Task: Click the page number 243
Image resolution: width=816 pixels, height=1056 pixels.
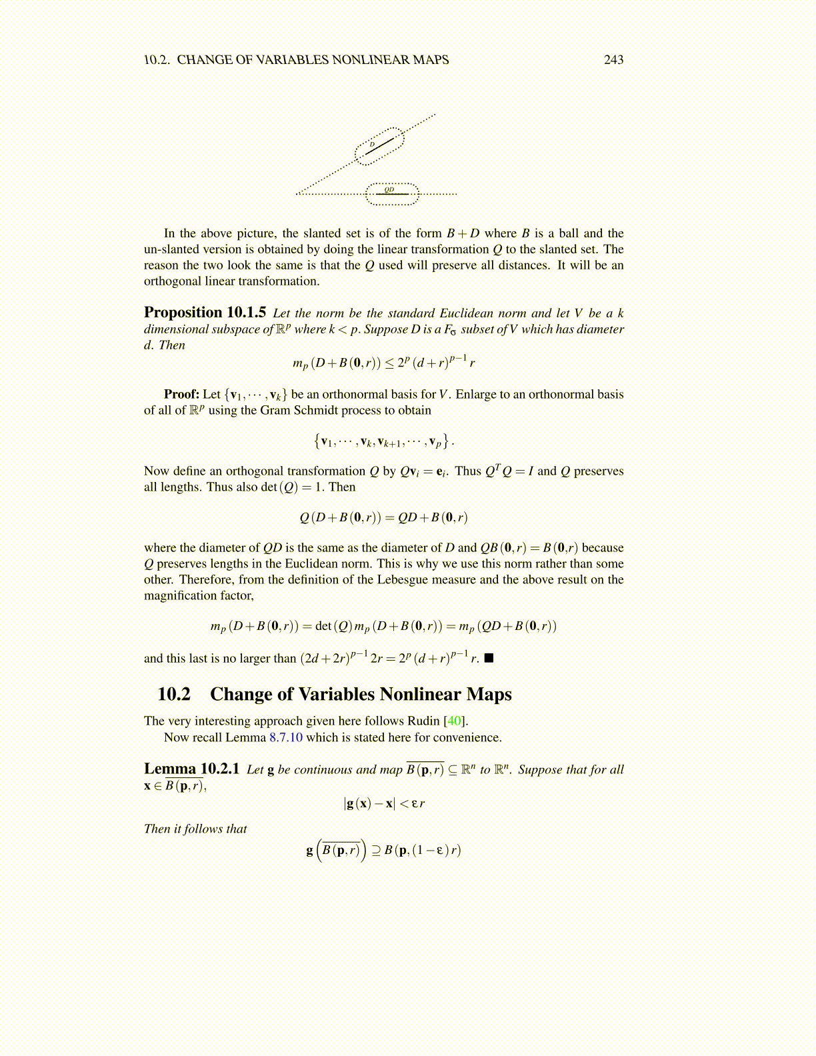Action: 613,60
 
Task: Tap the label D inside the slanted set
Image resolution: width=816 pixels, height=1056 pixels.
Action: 372,145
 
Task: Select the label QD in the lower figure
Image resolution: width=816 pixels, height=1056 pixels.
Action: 389,189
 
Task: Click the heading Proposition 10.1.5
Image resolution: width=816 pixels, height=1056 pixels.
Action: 205,313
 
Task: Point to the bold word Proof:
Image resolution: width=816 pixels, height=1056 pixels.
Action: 181,394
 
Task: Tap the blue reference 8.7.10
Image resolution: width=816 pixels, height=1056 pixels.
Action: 285,737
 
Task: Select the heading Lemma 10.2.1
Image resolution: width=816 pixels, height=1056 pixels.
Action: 191,769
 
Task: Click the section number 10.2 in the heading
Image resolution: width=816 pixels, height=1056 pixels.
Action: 173,694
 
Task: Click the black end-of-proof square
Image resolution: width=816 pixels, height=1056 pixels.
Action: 489,658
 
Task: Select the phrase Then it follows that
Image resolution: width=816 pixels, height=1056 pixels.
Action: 195,829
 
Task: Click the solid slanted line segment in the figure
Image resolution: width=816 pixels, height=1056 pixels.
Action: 381,145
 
